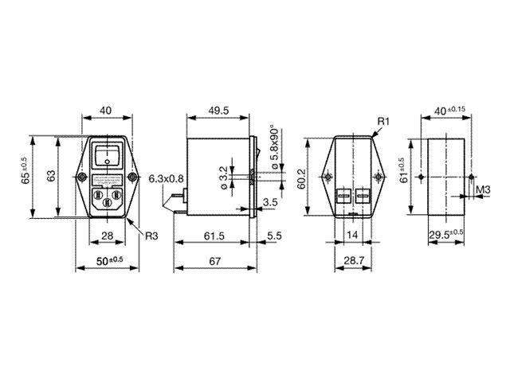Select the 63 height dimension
click(50, 176)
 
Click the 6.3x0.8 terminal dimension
click(166, 179)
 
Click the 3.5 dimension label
click(269, 203)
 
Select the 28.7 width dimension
click(352, 262)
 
